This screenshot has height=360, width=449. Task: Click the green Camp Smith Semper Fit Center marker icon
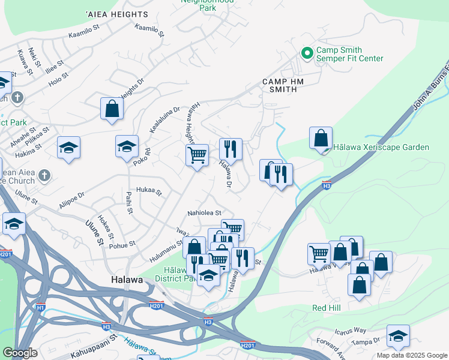[x=307, y=54]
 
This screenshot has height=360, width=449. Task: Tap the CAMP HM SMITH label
[x=280, y=85]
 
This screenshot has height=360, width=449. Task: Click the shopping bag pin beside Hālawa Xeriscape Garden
[x=321, y=138]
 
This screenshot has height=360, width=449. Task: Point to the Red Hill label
[x=327, y=308]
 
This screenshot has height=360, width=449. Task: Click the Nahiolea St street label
[x=205, y=212]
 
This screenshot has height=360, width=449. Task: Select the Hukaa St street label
[x=149, y=191]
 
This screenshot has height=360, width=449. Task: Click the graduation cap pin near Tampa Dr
[x=398, y=336]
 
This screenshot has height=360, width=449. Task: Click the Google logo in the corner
[x=20, y=353]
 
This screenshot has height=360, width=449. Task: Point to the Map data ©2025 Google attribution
[x=412, y=355]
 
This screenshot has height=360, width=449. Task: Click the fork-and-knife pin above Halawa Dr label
[x=231, y=149]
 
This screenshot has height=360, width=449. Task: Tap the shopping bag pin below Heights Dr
[x=112, y=109]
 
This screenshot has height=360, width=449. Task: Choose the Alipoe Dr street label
[x=72, y=199]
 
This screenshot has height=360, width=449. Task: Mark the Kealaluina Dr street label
[x=164, y=120]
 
